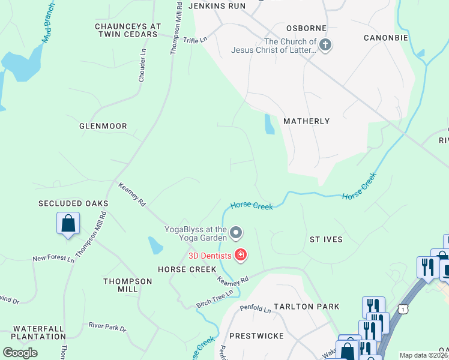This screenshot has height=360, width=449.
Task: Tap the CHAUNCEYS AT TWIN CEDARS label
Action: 128,31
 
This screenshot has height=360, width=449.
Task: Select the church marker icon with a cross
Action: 325,46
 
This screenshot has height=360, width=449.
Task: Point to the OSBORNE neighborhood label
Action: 306,28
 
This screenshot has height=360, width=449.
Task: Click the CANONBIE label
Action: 386,38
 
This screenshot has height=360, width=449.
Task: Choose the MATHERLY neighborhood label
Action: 307,121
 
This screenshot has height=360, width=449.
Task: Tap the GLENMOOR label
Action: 103,127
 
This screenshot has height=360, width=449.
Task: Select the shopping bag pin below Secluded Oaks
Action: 68,223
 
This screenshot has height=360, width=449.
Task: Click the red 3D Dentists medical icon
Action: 241,256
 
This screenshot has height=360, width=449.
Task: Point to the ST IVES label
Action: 326,239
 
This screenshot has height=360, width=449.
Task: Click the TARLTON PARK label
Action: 306,307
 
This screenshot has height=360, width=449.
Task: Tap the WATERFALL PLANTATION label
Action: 38,332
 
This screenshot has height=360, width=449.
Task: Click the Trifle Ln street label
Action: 195,40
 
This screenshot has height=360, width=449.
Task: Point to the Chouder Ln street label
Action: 143,70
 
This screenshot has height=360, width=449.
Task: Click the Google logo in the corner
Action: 20,353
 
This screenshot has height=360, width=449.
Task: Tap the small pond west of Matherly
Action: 269,124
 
